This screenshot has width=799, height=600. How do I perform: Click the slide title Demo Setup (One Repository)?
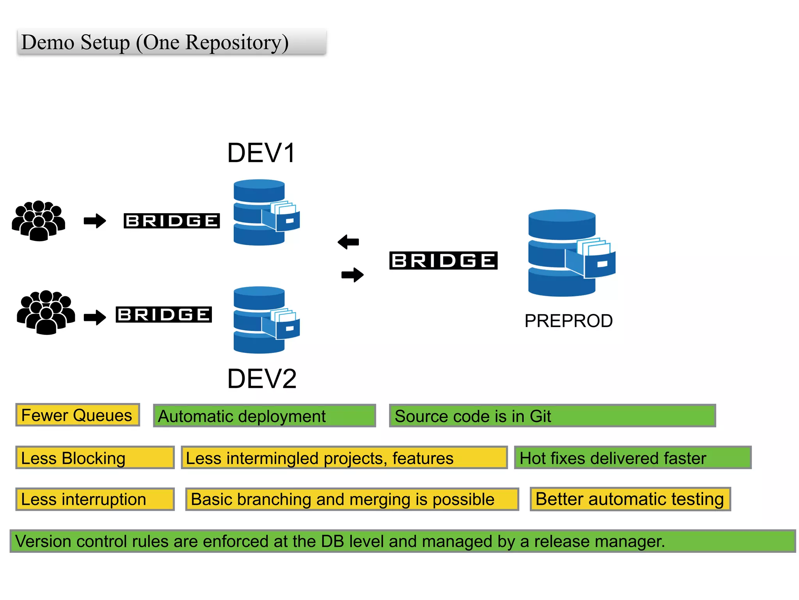coord(155,42)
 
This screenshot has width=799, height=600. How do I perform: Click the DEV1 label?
coord(261,153)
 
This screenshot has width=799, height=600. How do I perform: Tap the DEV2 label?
coord(262,379)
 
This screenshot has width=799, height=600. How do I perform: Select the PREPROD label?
coord(568,321)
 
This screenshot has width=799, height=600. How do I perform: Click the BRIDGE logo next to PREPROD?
coord(443,260)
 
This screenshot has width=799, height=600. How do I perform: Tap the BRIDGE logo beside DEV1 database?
coord(172,221)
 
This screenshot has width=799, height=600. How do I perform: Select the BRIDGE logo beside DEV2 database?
coord(164,314)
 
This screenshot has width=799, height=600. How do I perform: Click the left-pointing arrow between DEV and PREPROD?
coord(348,242)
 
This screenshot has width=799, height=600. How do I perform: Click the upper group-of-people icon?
coord(38,221)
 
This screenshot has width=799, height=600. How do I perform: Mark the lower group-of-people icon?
coord(46,312)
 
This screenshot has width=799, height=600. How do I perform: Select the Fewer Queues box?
coord(77,415)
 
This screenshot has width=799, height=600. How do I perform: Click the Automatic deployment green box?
coord(264,416)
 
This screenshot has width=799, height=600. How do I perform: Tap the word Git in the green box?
coord(540,416)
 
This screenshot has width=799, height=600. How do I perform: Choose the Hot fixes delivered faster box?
coord(632,458)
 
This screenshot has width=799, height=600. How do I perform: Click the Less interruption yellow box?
coord(95,499)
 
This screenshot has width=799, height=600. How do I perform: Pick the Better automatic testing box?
coord(630,499)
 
